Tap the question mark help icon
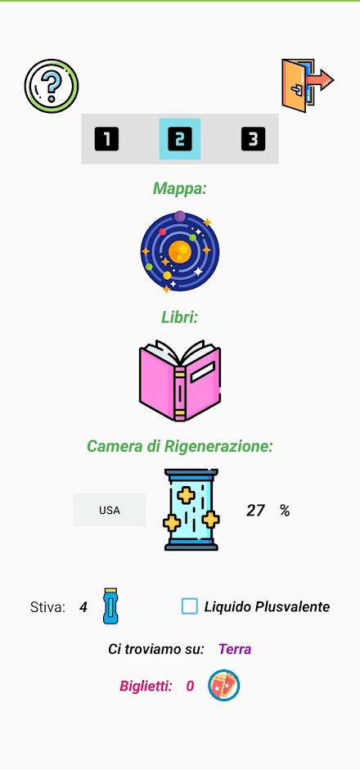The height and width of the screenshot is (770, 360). pyautogui.click(x=52, y=86)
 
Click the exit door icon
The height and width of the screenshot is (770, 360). pyautogui.click(x=308, y=85)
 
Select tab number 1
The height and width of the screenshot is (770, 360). pyautogui.click(x=106, y=139)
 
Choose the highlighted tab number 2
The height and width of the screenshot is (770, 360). pyautogui.click(x=180, y=139)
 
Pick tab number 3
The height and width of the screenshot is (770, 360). pyautogui.click(x=253, y=139)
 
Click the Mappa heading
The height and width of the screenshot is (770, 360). pyautogui.click(x=180, y=188)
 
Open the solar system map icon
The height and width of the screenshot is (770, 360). pyautogui.click(x=180, y=251)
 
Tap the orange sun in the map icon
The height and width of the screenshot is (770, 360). pyautogui.click(x=180, y=251)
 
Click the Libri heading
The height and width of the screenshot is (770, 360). pyautogui.click(x=180, y=317)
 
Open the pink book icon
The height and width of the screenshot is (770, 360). pyautogui.click(x=180, y=380)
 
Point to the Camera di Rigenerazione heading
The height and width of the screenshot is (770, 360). pyautogui.click(x=180, y=447)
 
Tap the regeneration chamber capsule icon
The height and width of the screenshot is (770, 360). pyautogui.click(x=191, y=509)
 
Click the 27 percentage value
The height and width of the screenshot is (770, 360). pyautogui.click(x=255, y=511)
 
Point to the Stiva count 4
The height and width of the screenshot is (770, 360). pyautogui.click(x=83, y=607)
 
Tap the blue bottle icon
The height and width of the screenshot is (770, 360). pyautogui.click(x=111, y=606)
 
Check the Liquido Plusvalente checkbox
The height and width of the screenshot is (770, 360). pyautogui.click(x=190, y=606)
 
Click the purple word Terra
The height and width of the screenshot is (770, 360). pyautogui.click(x=235, y=649)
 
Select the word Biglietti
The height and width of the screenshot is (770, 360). pyautogui.click(x=146, y=686)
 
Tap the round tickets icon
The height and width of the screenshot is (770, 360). pyautogui.click(x=224, y=685)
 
